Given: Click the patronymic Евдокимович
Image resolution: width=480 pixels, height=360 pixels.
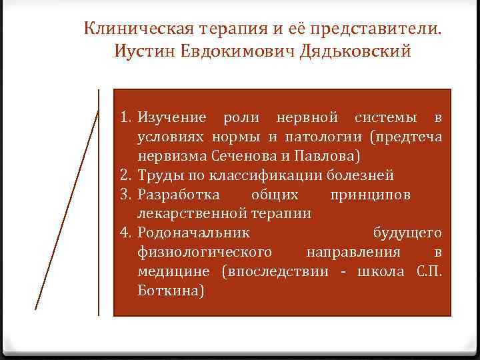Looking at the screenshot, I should (230, 51).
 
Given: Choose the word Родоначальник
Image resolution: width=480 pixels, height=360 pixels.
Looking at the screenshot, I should (193, 233).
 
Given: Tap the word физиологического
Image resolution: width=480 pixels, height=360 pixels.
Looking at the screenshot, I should (204, 253).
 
